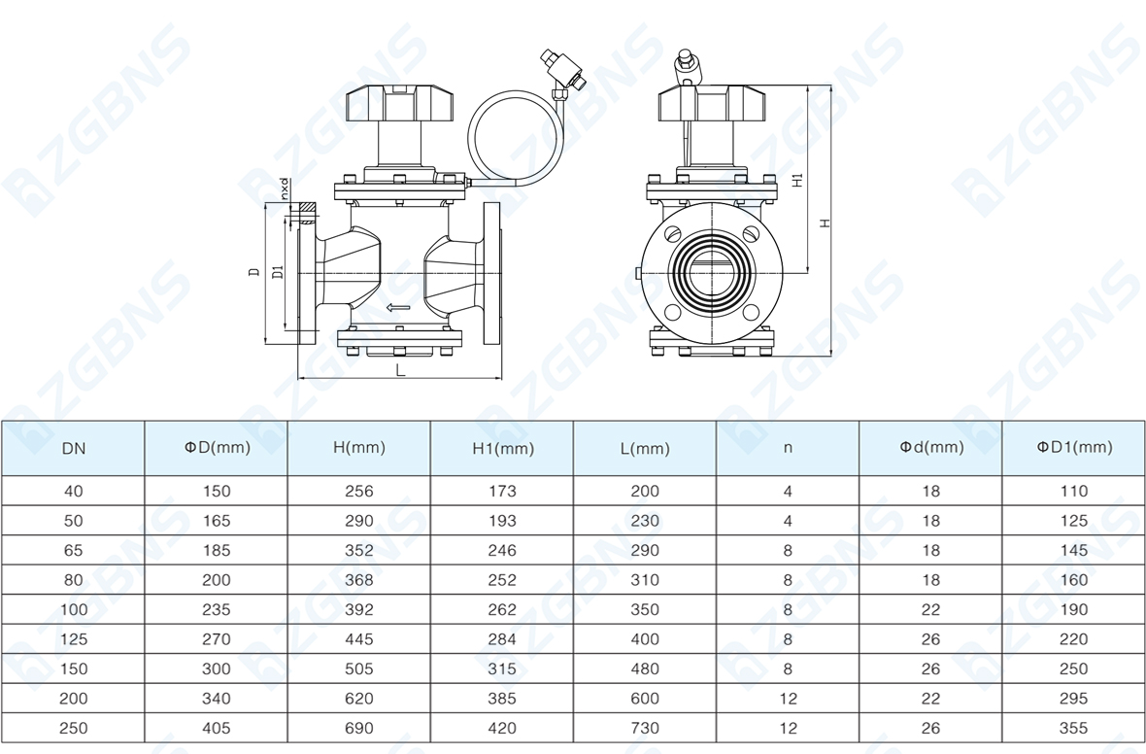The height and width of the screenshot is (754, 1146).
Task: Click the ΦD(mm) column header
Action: [x=218, y=447]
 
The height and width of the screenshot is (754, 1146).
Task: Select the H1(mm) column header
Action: [x=503, y=448]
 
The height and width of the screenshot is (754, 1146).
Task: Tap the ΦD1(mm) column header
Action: [x=1074, y=447]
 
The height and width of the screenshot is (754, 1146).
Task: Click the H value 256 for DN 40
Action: [x=359, y=492]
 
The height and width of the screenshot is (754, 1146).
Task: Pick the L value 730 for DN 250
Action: [x=645, y=729]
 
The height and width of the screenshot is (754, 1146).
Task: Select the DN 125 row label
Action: [x=73, y=639]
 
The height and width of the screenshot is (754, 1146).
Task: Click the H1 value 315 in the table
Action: [x=502, y=669]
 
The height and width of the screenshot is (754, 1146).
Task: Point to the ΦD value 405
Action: [x=217, y=729]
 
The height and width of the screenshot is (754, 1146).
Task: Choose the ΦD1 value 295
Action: [x=1073, y=699]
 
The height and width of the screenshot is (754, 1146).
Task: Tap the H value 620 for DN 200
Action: [x=359, y=699]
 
